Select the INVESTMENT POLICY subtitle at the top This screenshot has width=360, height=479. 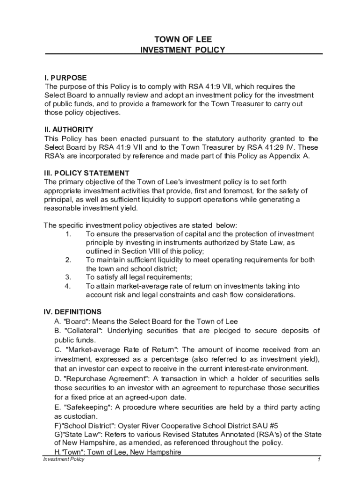183,50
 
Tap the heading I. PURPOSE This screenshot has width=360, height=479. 65,78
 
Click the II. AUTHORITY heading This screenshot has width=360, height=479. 69,130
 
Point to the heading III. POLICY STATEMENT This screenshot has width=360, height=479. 86,173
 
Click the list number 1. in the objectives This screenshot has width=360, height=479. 68,234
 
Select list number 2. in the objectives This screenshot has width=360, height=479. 68,260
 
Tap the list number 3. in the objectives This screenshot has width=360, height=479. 68,277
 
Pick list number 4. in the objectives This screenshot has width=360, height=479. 68,286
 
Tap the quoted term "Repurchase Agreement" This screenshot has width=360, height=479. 107,378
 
